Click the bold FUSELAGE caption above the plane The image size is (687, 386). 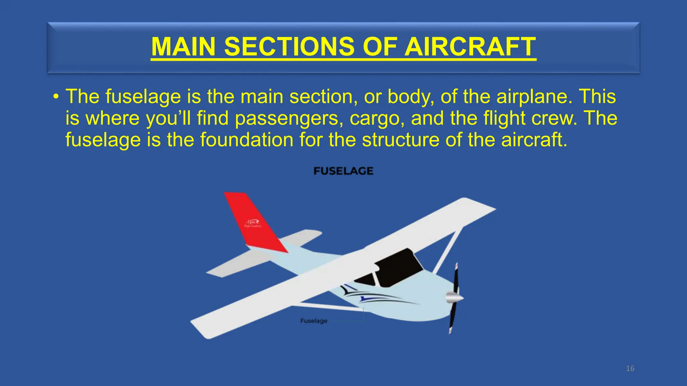(343, 171)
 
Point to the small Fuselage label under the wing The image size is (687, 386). (314, 321)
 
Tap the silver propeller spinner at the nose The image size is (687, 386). (454, 297)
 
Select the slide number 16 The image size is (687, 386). (630, 369)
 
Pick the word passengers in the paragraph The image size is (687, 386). (287, 118)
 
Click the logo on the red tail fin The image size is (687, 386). (253, 223)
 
